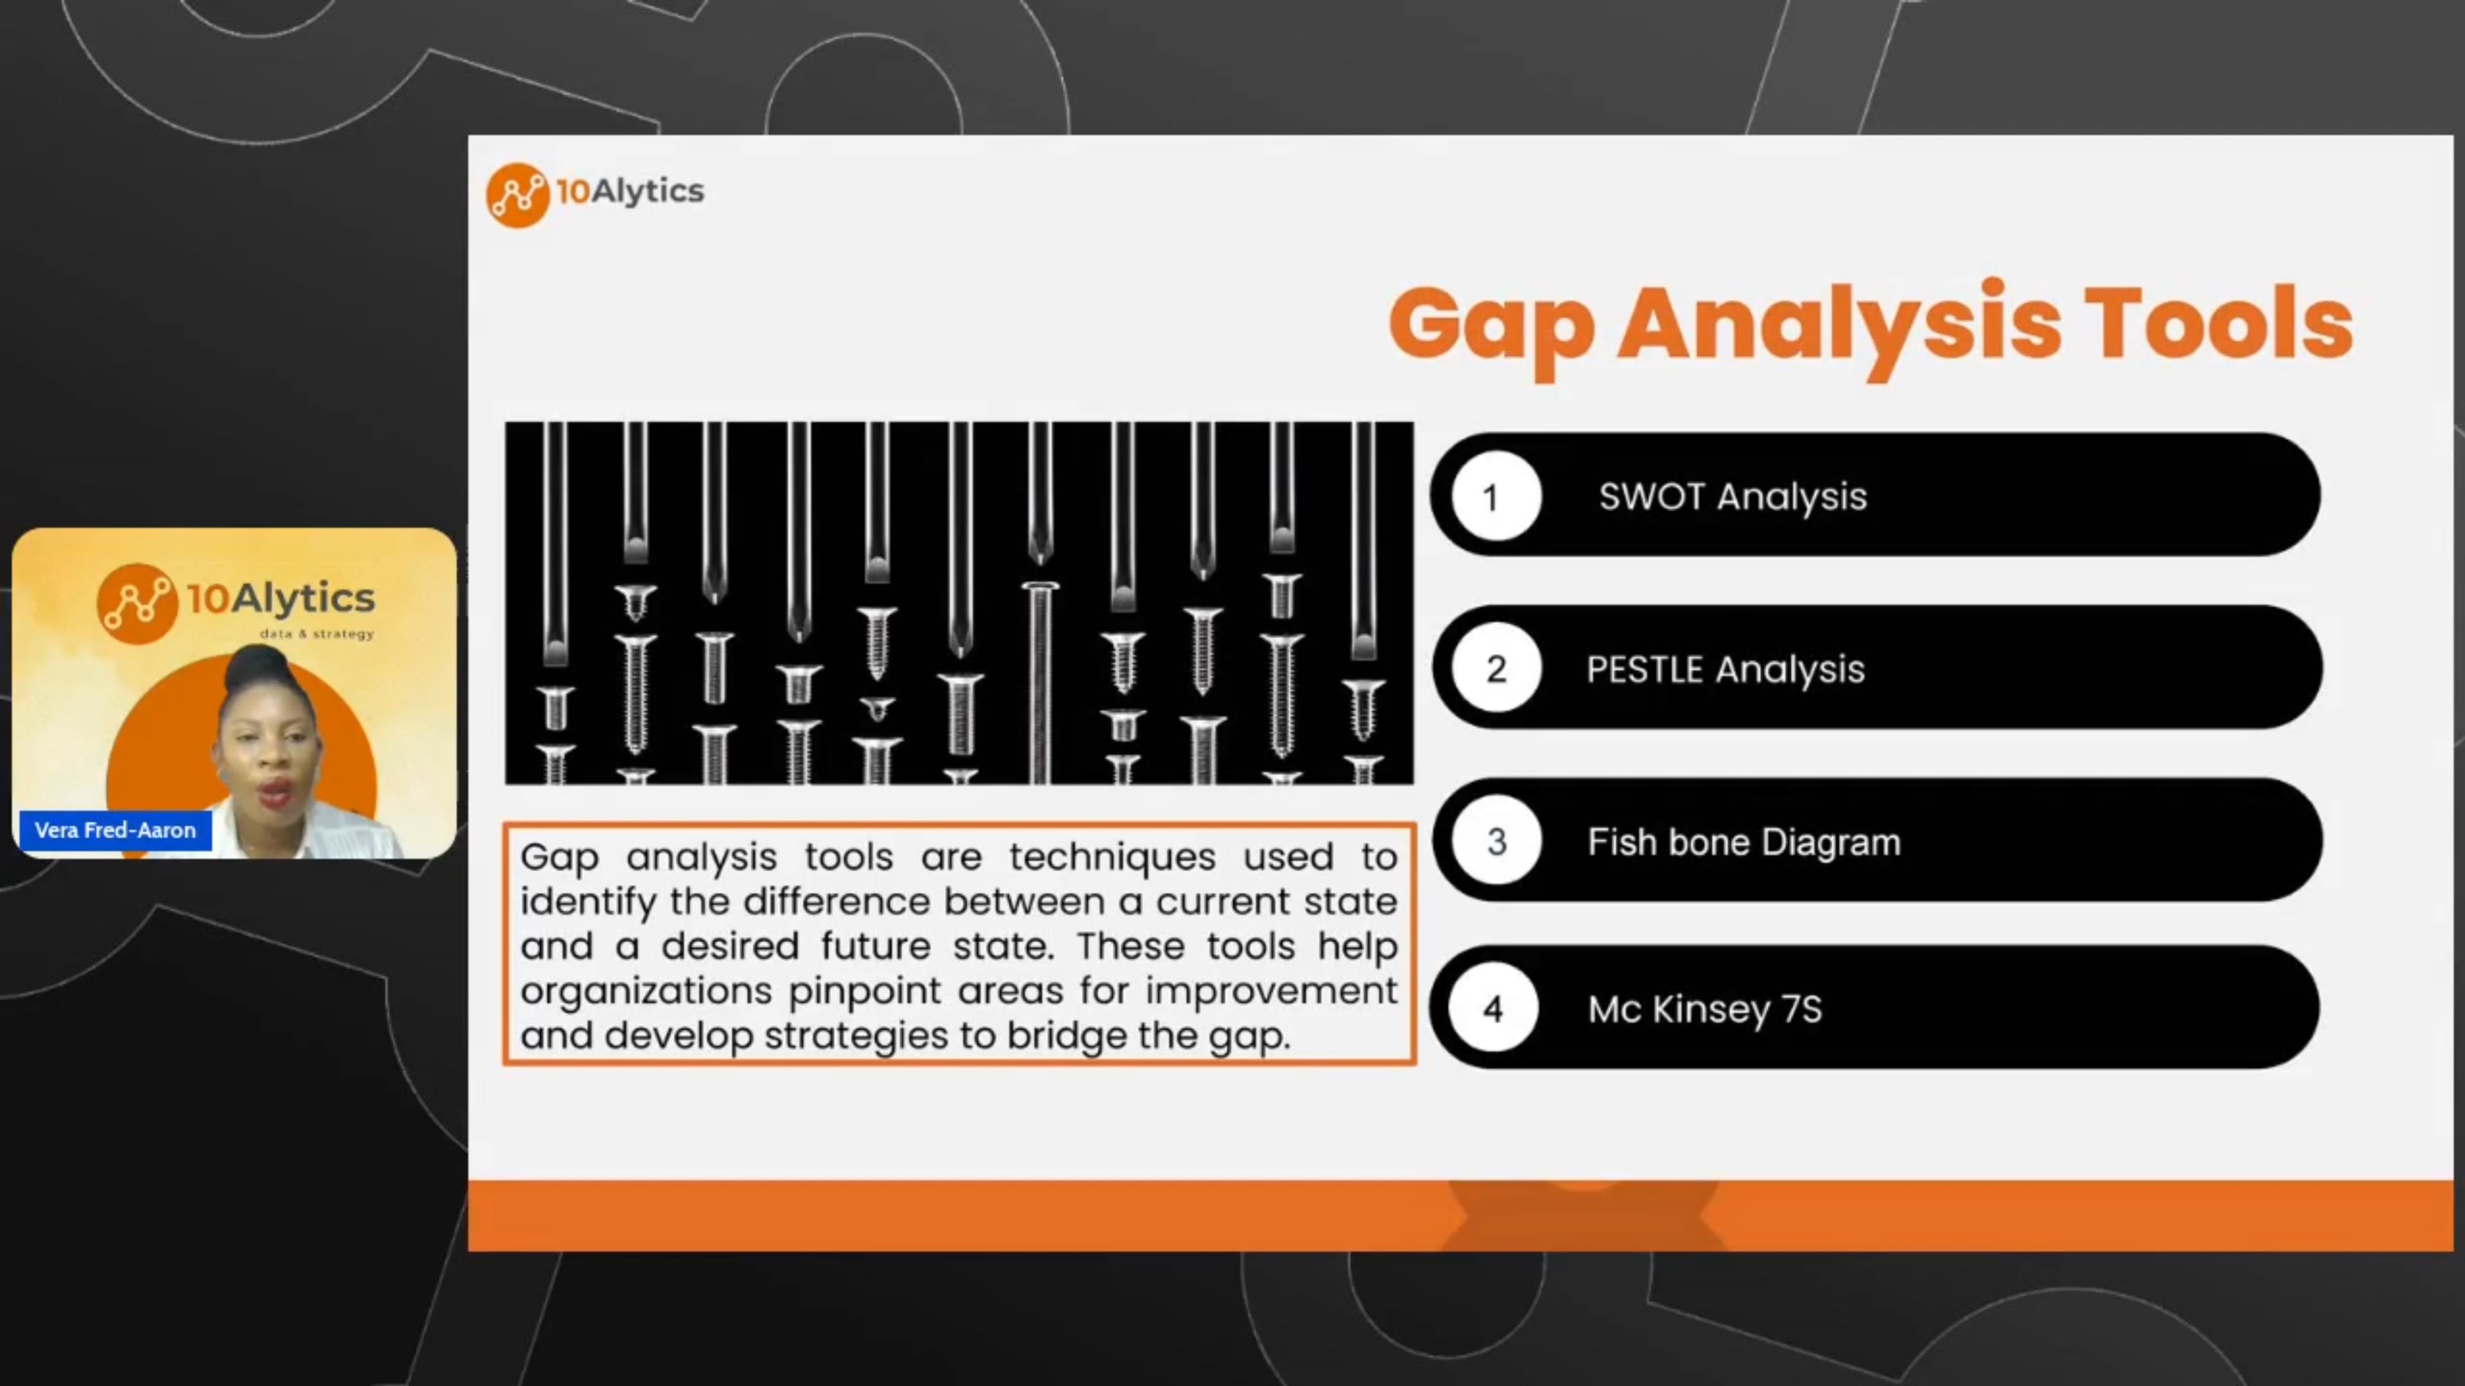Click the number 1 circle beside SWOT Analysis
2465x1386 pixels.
click(x=1496, y=497)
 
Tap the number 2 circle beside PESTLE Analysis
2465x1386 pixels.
click(x=1496, y=669)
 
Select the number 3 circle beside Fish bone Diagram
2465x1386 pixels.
click(x=1496, y=841)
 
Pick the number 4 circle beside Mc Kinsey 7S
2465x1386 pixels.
click(x=1492, y=1008)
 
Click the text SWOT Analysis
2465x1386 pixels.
click(x=1732, y=497)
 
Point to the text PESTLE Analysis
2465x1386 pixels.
click(x=1724, y=669)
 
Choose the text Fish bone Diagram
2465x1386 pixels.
click(x=1743, y=842)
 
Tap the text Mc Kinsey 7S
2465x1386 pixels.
click(x=1704, y=1009)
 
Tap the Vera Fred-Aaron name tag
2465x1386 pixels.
click(x=115, y=829)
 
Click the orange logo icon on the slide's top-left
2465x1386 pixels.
click(x=517, y=194)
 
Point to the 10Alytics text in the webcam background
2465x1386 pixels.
click(x=279, y=598)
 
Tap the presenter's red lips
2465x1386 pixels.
click(x=275, y=792)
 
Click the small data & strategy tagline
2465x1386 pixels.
click(x=316, y=633)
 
